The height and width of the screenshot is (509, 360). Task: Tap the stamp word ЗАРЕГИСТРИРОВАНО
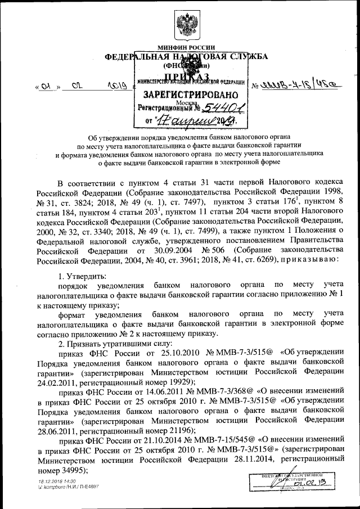pos(190,94)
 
